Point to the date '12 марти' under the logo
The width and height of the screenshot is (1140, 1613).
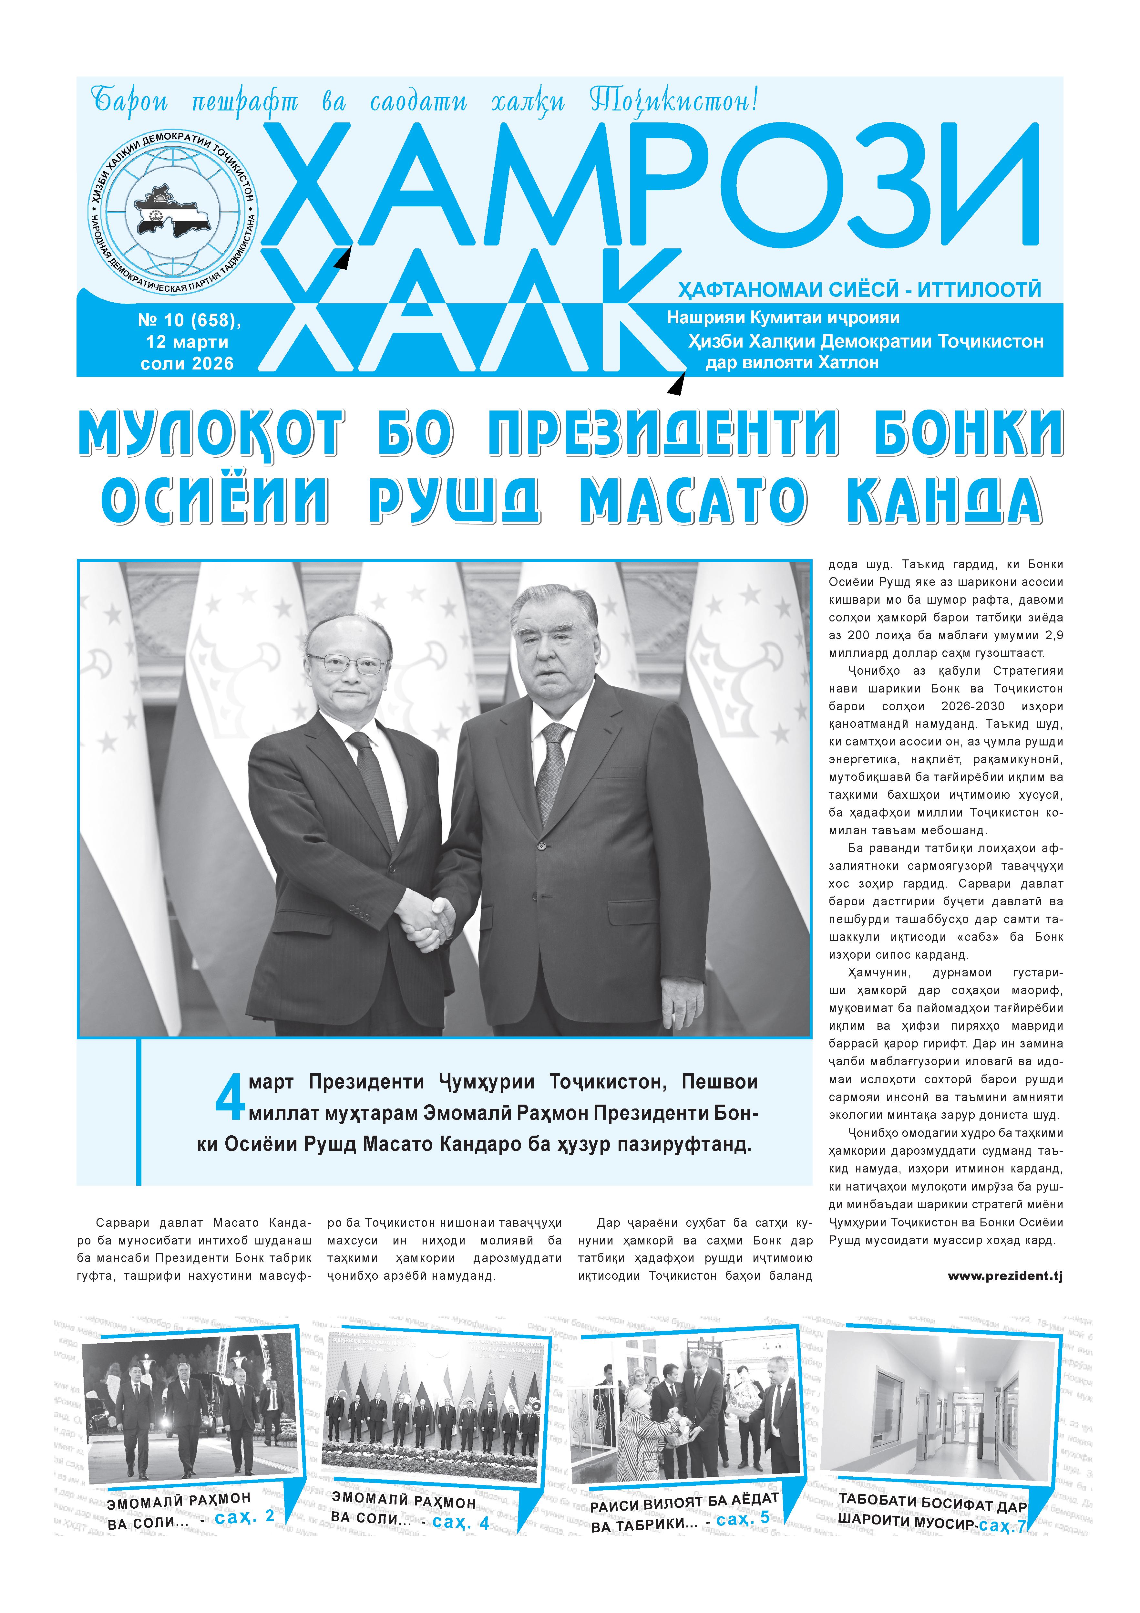coord(187,342)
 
